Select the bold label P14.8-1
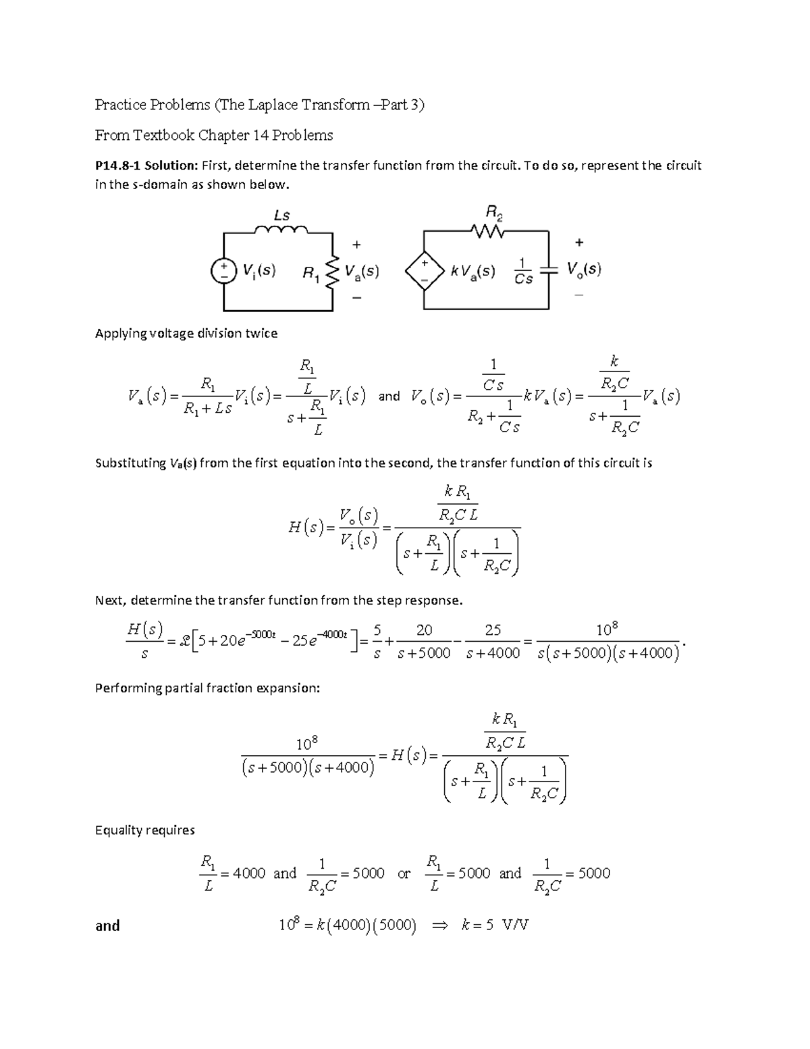pos(117,165)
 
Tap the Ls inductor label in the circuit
pos(281,215)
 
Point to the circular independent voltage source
pos(223,270)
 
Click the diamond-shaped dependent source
pos(425,271)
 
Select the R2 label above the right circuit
pos(495,213)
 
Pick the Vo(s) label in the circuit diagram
pos(584,270)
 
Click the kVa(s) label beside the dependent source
pos(473,272)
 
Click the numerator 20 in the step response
pos(424,630)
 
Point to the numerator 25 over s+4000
pos(493,630)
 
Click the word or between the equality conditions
pos(404,873)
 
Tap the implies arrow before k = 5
pos(439,925)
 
